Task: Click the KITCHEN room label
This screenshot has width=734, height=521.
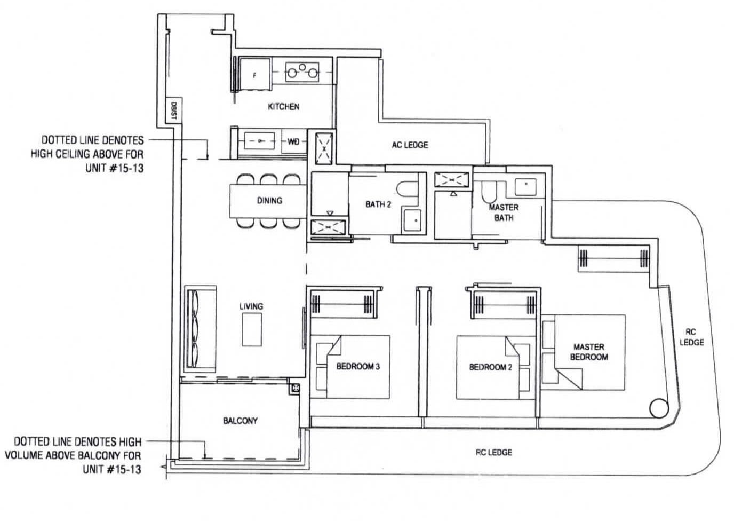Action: [283, 107]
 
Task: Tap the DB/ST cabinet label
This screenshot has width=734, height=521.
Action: [174, 110]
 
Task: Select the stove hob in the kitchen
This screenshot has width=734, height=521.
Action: [302, 72]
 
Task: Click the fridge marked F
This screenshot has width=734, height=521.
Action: [255, 74]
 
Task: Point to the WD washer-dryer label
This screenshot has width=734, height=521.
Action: [293, 141]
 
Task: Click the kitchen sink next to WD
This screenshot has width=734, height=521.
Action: [260, 141]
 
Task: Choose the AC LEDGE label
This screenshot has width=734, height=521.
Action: [410, 145]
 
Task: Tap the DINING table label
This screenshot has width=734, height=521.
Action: [269, 200]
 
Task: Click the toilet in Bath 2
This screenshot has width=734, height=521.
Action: [407, 189]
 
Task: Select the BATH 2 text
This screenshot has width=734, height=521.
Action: [378, 204]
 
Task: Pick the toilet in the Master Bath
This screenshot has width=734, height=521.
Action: [489, 192]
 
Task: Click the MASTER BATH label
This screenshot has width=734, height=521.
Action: [504, 212]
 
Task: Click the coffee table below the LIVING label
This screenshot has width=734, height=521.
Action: [252, 329]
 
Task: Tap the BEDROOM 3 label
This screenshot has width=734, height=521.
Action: [358, 366]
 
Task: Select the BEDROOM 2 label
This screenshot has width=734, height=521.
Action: [491, 367]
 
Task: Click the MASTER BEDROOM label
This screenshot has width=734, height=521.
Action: [589, 352]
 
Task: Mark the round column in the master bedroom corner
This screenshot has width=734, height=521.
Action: [659, 408]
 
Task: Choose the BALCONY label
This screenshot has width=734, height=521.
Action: [240, 421]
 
